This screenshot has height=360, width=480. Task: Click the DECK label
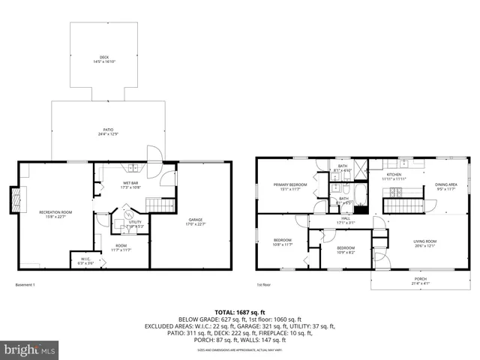[x=104, y=59]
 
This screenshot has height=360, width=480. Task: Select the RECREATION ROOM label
[x=54, y=214]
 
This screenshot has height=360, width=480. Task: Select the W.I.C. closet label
[x=86, y=261]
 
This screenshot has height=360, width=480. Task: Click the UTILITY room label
[x=135, y=223]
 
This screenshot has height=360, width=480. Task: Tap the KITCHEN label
[x=393, y=177]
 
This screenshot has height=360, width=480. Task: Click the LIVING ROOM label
[x=424, y=242]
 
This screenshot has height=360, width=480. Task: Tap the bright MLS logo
[x=29, y=349]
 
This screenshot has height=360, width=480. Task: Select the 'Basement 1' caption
[x=25, y=284]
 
